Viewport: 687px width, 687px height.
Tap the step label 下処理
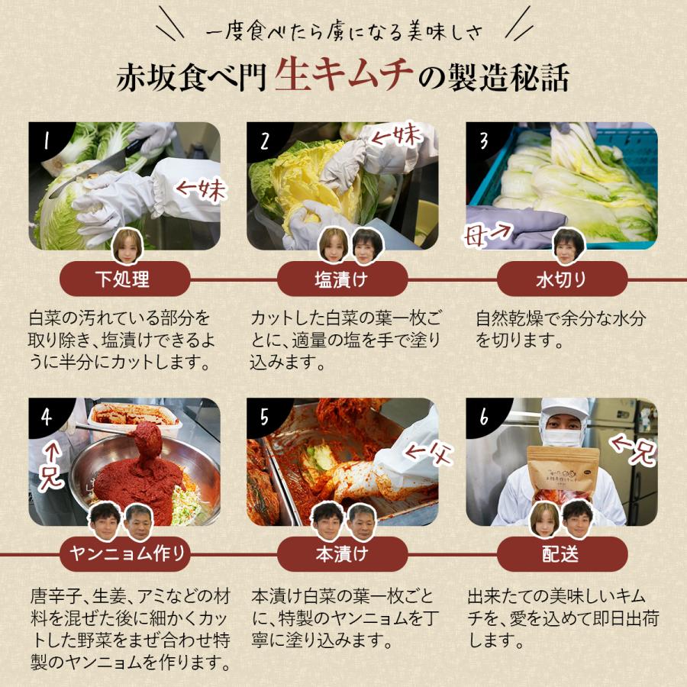[x=124, y=279]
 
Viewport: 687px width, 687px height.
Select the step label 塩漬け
[x=342, y=279]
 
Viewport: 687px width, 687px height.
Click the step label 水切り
[x=562, y=279]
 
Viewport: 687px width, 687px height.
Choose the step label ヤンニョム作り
[x=124, y=554]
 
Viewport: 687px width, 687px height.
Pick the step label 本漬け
[x=342, y=554]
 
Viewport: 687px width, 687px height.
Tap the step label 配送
[x=562, y=554]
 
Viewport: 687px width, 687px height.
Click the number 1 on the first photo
[x=47, y=140]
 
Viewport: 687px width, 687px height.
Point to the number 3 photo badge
[x=483, y=140]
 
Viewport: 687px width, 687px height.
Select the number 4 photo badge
[x=47, y=417]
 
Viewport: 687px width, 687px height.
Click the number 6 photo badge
[x=483, y=417]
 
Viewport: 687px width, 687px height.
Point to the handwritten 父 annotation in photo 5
[x=432, y=455]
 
